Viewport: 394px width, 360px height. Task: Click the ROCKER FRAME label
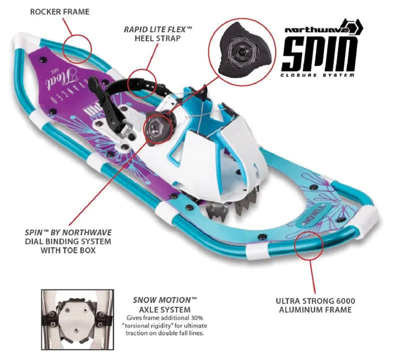coord(60,12)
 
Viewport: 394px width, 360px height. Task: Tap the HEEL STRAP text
coord(158,38)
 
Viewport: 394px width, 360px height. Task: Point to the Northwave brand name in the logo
coord(317,30)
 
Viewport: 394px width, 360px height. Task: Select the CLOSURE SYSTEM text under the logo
coord(318,75)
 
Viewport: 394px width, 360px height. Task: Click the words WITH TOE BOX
coord(68,250)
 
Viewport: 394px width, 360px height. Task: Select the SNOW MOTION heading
coord(165,300)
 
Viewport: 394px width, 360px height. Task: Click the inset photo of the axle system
coord(78,320)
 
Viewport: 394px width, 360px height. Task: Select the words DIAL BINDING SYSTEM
coord(68,241)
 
